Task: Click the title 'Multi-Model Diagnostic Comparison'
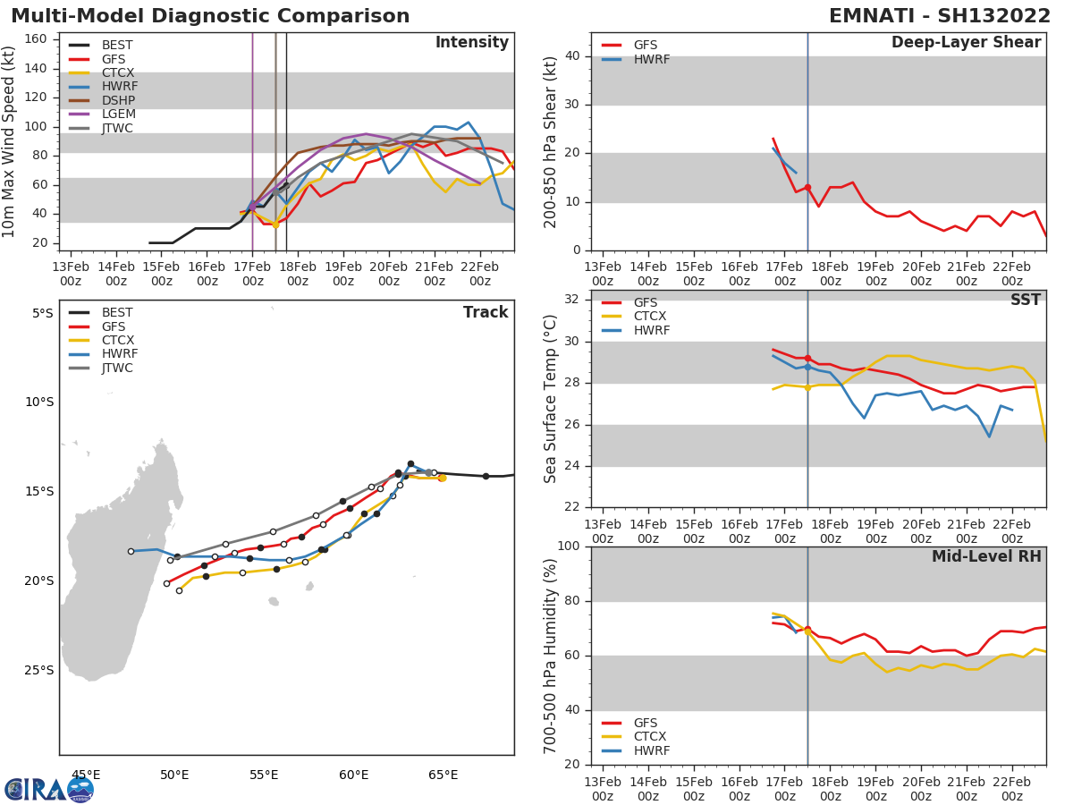point(210,16)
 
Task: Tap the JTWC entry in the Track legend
point(117,369)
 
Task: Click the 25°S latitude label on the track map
point(38,670)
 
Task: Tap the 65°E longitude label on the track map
point(443,775)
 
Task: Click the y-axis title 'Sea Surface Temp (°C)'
point(550,399)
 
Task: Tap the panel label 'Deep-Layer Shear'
point(966,43)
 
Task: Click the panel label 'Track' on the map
point(485,312)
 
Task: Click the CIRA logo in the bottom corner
point(49,790)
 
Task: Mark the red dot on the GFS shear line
point(807,188)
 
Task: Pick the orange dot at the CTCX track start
point(442,478)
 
